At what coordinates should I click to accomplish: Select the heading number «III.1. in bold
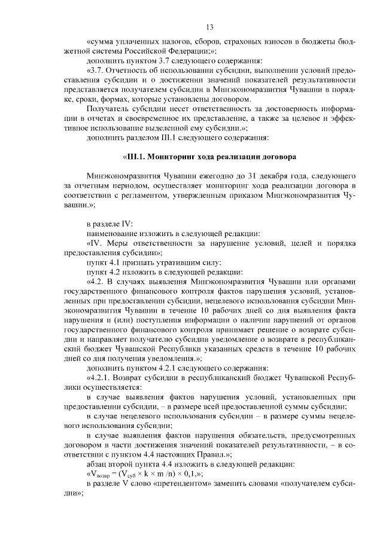[136, 157]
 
